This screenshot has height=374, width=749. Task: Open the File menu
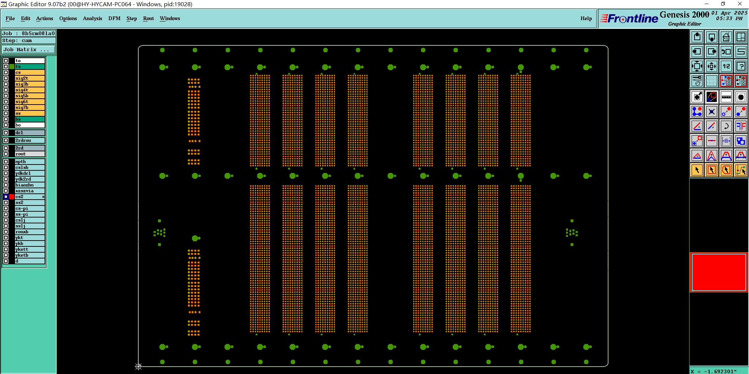(x=10, y=18)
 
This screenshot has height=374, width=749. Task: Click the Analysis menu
(x=92, y=18)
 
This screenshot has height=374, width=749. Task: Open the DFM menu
(x=114, y=18)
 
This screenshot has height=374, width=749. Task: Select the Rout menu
(x=148, y=18)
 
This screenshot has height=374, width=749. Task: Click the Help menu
(x=586, y=18)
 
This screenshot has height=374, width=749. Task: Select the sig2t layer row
(x=29, y=78)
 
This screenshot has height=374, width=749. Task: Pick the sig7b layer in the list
(x=29, y=107)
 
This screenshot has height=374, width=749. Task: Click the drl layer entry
(x=29, y=133)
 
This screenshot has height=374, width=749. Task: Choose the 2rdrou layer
(x=29, y=140)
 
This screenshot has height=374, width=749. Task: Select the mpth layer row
(x=29, y=162)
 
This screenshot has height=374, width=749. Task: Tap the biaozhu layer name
(x=29, y=185)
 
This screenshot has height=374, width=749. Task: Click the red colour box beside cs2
(x=12, y=197)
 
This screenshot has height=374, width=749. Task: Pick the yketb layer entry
(x=29, y=255)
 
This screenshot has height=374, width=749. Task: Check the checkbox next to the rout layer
(x=6, y=154)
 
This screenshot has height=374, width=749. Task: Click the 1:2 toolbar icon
(x=726, y=66)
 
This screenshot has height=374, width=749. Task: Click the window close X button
(x=739, y=4)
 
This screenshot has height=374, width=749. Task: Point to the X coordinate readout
(x=713, y=371)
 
